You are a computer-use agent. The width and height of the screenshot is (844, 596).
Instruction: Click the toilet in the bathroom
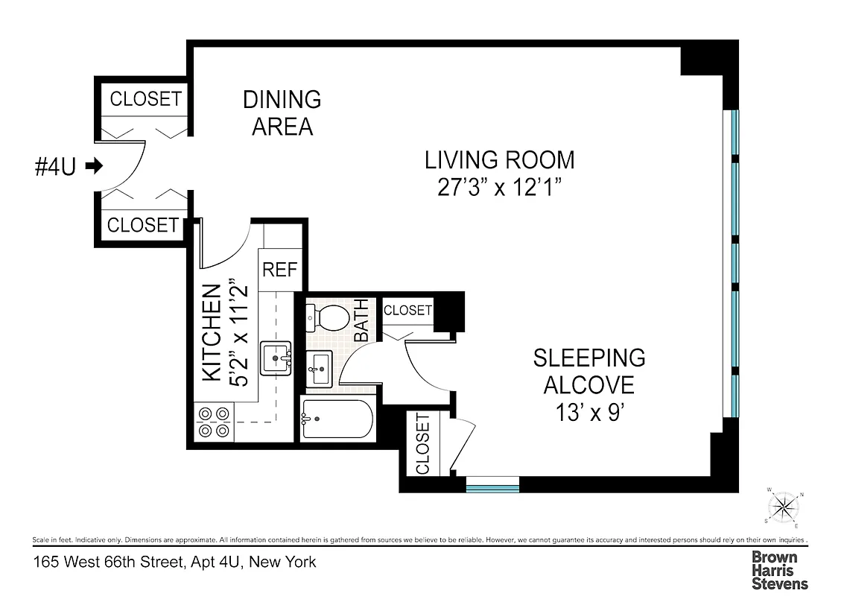327,318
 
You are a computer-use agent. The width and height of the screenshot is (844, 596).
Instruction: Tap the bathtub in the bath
337,419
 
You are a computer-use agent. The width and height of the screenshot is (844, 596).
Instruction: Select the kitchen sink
276,358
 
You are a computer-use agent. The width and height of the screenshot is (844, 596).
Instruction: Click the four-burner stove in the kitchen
213,422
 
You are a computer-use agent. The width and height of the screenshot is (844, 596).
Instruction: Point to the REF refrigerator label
280,269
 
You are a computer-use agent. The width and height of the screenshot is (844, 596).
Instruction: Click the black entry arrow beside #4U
94,166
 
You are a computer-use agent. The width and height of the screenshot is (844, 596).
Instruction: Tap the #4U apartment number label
56,166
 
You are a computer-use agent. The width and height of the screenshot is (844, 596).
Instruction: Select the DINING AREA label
282,112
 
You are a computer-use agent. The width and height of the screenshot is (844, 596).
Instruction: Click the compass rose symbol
784,508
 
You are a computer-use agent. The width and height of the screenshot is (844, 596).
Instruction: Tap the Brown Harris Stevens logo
779,570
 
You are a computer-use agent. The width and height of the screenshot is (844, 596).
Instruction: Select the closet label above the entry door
145,98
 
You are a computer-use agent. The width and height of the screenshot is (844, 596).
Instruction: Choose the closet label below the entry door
143,225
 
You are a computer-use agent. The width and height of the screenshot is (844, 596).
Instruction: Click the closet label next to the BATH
407,310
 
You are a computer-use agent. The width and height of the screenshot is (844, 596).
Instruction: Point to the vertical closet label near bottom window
423,444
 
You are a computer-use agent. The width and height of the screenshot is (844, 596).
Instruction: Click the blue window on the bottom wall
492,488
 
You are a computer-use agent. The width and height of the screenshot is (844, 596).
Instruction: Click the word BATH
361,320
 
